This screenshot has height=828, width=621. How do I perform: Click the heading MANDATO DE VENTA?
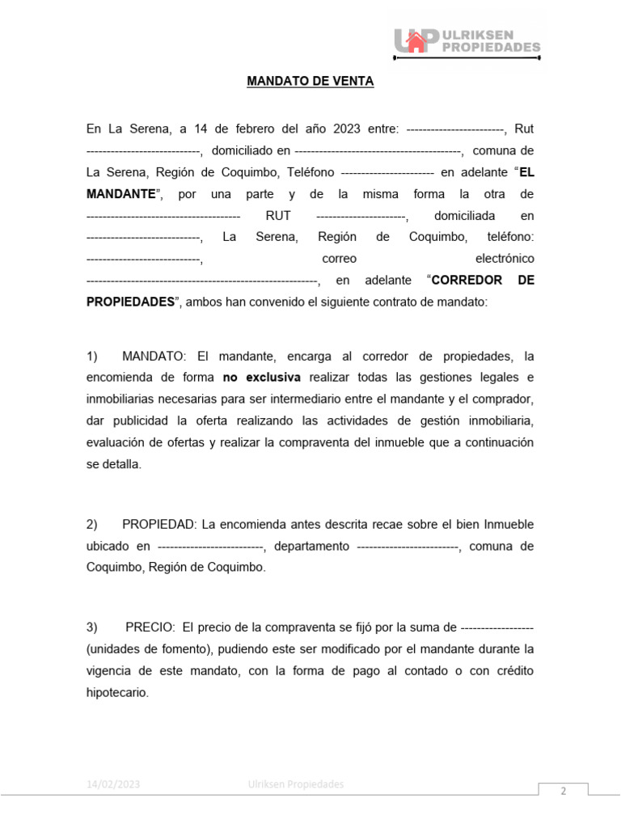click(x=310, y=82)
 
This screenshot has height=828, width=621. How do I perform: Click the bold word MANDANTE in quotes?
click(x=121, y=194)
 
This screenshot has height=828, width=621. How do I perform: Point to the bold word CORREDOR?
click(x=467, y=280)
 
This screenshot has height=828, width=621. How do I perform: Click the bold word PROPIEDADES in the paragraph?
click(x=130, y=302)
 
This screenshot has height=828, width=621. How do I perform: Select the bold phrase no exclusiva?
click(x=261, y=378)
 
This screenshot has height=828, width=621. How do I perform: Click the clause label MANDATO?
click(x=154, y=356)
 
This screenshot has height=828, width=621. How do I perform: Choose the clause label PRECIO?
click(x=150, y=627)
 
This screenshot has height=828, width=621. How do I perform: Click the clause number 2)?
click(x=92, y=524)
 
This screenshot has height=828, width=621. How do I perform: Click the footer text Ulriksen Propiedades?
click(x=296, y=784)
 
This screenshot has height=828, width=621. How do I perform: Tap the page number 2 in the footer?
click(x=564, y=792)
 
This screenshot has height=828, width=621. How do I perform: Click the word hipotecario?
click(x=118, y=692)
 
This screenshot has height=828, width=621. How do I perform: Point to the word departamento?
click(x=311, y=546)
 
